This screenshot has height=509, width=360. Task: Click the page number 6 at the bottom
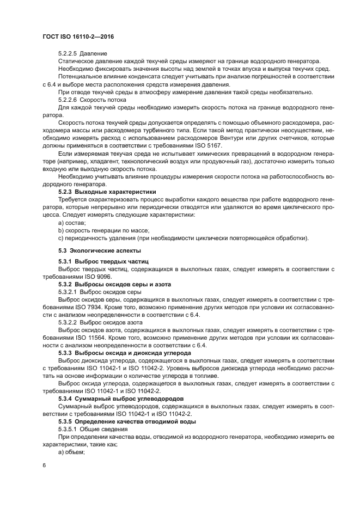point(44,466)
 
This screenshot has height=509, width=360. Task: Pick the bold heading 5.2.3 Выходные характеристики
point(107,192)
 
